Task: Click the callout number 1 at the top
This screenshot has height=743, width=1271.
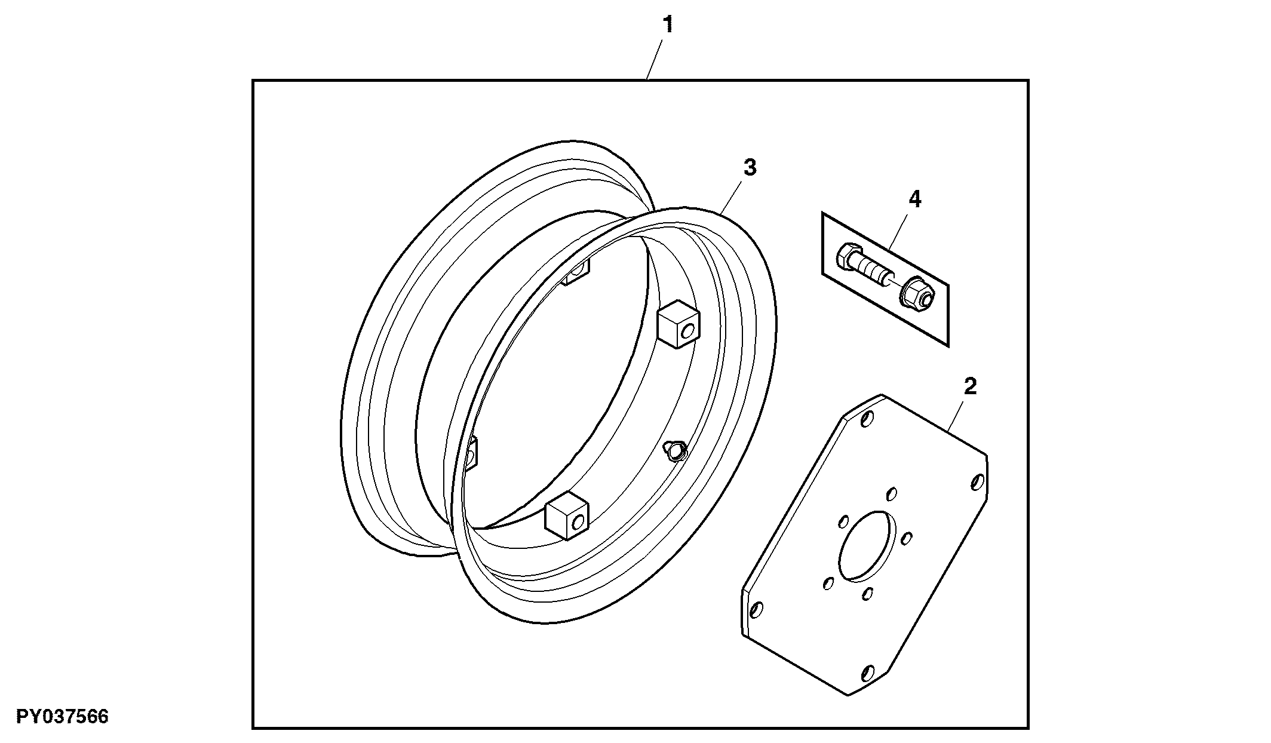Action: [668, 25]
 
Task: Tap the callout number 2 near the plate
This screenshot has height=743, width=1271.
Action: [970, 387]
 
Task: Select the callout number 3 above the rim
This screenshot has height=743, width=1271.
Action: [750, 168]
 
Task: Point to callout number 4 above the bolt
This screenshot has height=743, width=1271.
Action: [914, 199]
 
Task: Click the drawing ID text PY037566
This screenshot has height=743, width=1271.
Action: [62, 716]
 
